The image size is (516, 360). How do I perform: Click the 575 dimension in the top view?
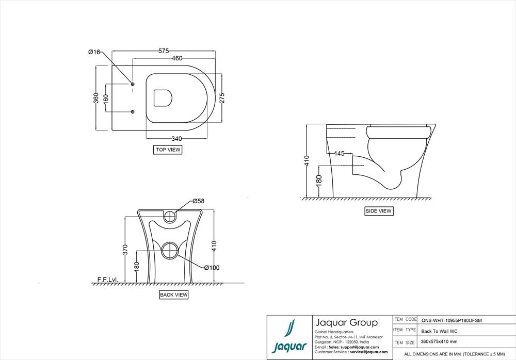(x=164, y=51)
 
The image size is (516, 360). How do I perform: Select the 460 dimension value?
(x=177, y=58)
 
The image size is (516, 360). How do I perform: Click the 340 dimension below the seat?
(x=176, y=139)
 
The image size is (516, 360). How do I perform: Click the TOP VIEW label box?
(x=168, y=150)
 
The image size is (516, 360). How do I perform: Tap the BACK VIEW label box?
(x=174, y=295)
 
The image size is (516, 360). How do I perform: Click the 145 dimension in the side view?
(x=339, y=154)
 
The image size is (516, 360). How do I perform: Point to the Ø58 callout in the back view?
(x=199, y=201)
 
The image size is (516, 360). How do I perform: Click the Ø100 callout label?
(x=212, y=268)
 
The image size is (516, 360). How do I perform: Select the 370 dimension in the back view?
(x=124, y=250)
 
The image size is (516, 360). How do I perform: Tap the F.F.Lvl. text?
(x=107, y=280)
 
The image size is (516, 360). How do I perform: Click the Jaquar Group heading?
(x=346, y=323)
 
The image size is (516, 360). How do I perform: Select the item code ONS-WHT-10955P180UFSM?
(x=451, y=320)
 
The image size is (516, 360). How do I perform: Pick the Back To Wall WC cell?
(x=439, y=331)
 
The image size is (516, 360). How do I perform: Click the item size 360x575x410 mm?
(x=439, y=341)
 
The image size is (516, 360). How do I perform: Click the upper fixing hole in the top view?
(x=133, y=84)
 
